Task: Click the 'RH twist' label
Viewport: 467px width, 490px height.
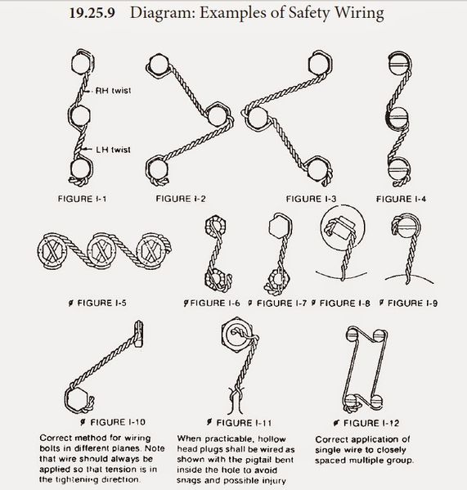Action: coord(113,91)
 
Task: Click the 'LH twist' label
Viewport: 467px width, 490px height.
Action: coord(113,150)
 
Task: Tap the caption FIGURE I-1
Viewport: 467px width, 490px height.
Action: coord(82,199)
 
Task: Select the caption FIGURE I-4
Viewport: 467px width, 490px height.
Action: coord(401,199)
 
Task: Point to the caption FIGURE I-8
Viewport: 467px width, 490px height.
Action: coord(344,303)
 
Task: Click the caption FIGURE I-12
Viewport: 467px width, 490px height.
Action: coord(371,423)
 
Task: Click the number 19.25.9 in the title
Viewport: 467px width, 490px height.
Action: coord(92,13)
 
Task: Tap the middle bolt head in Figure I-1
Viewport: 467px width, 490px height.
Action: coord(80,115)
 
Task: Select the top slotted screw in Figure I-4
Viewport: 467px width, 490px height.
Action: coord(400,65)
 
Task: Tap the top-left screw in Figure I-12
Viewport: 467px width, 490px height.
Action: coord(352,335)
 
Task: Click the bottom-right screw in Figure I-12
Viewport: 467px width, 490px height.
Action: coord(376,401)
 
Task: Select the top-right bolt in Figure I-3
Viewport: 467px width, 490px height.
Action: coord(320,64)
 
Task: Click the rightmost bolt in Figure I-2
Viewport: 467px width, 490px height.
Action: coord(218,115)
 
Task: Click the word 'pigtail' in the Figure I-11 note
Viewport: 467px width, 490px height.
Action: coord(257,460)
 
